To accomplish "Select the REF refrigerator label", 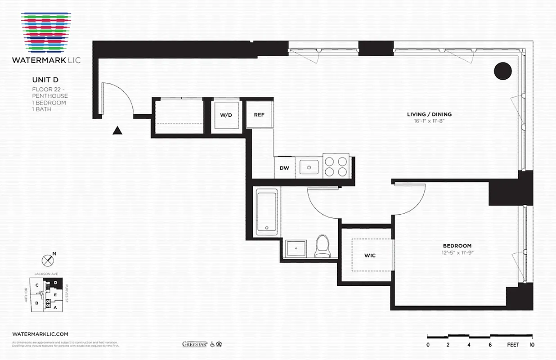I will click(x=259, y=115).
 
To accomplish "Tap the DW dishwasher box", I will click(x=284, y=168).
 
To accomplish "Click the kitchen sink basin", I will click(x=309, y=167).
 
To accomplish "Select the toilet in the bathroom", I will click(x=322, y=246).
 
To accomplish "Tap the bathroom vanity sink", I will click(x=296, y=248).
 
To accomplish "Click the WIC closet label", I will click(x=370, y=256).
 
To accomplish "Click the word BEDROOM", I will click(x=457, y=246).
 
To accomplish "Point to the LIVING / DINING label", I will click(x=429, y=114).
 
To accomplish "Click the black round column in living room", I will click(x=503, y=71).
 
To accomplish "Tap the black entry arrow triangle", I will click(x=117, y=130).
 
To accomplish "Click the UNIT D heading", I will click(x=45, y=80).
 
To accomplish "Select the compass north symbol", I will click(x=48, y=260).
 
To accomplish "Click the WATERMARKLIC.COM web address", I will click(x=40, y=334).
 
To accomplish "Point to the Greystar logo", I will click(x=194, y=344).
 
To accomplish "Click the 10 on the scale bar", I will click(x=532, y=345).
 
